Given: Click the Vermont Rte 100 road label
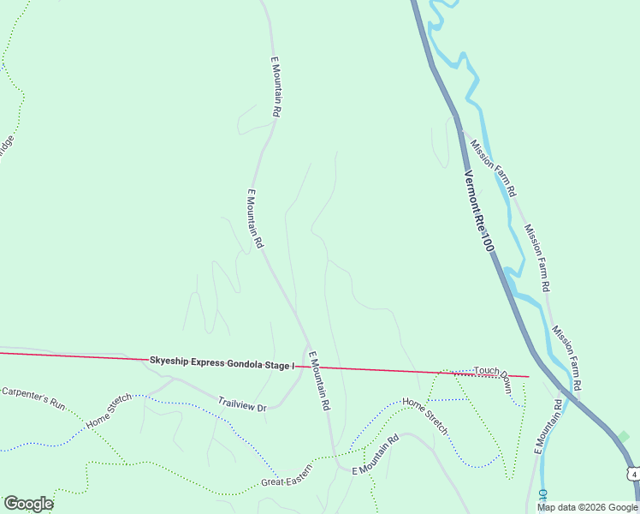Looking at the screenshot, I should [479, 211].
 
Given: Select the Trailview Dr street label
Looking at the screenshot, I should [242, 403].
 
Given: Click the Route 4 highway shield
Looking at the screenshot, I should [631, 473].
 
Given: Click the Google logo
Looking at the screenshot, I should [28, 503].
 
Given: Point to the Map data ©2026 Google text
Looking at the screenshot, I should [587, 507].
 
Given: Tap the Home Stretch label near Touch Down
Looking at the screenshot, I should [425, 415].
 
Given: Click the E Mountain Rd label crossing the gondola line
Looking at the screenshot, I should [318, 381].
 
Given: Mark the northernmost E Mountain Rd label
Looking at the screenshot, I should [276, 87].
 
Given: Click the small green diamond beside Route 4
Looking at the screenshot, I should [624, 436].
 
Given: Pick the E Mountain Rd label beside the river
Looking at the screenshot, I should [547, 425].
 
